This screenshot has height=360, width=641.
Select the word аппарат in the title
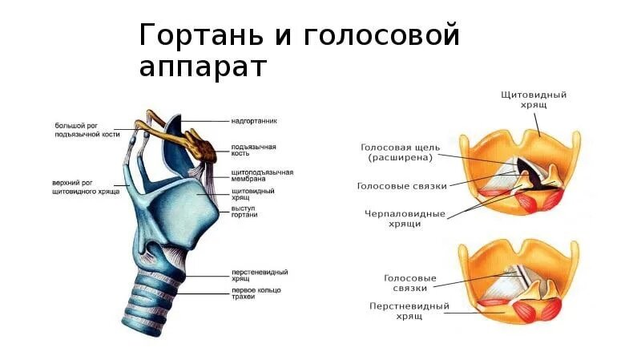coord(201,67)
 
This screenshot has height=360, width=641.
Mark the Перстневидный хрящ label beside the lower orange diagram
coord(409,311)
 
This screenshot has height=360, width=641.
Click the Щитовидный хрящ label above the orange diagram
coord(533,99)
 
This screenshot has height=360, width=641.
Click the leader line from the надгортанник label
coord(205,122)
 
